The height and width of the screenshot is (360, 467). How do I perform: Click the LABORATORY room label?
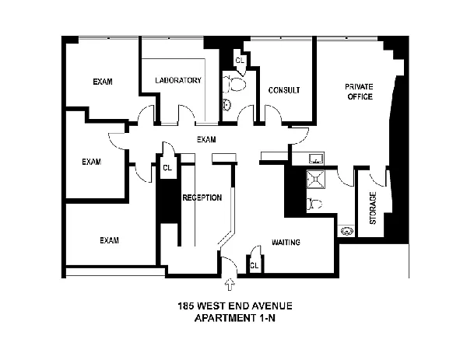pyautogui.click(x=178, y=81)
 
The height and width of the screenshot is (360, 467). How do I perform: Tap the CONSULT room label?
pyautogui.click(x=284, y=90)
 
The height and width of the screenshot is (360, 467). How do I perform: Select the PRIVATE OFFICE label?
pyautogui.click(x=359, y=92)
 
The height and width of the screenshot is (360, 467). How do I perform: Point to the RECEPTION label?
pyautogui.click(x=202, y=197)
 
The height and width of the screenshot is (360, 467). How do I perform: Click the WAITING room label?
pyautogui.click(x=286, y=243)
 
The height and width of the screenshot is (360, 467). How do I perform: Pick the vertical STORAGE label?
pyautogui.click(x=373, y=208)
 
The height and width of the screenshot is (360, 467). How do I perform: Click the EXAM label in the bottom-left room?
pyautogui.click(x=109, y=240)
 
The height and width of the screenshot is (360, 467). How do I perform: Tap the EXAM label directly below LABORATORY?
pyautogui.click(x=205, y=140)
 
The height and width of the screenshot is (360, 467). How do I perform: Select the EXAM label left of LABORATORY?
pyautogui.click(x=103, y=82)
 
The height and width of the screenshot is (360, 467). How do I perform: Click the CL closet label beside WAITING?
pyautogui.click(x=255, y=265)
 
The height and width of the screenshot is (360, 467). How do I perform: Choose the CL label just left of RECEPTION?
pyautogui.click(x=168, y=166)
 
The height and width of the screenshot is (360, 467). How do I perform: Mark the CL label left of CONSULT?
pyautogui.click(x=240, y=60)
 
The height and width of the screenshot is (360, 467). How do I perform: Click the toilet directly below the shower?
pyautogui.click(x=314, y=204)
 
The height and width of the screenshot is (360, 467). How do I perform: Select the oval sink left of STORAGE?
pyautogui.click(x=346, y=230)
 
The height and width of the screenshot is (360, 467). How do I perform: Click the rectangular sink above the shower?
pyautogui.click(x=316, y=159)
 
